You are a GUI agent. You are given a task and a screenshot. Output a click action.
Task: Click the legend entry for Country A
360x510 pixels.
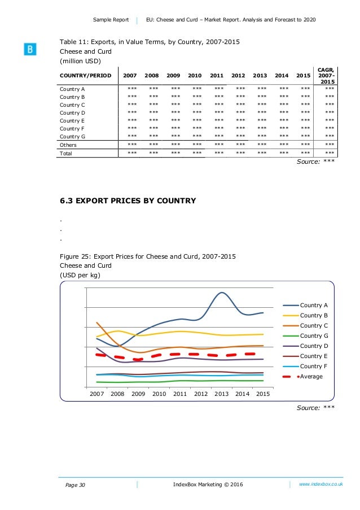tap(314, 306)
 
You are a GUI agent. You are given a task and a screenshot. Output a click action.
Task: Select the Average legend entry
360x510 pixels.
tap(311, 376)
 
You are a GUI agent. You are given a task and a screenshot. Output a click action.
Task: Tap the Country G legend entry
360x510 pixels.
tap(314, 336)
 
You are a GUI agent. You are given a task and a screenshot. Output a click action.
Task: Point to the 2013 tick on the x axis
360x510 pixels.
tap(222, 394)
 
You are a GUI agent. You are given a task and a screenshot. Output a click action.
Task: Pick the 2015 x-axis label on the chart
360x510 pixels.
tap(263, 394)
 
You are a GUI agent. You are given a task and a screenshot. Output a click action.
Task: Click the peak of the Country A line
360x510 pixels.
tap(222, 293)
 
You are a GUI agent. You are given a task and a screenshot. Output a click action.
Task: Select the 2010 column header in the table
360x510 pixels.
tap(195, 75)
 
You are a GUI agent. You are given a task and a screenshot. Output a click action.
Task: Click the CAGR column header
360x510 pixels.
tap(326, 75)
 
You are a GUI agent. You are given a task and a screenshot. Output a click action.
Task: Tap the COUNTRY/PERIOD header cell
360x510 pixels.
tap(86, 75)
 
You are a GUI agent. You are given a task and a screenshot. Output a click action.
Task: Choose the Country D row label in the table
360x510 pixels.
tap(72, 112)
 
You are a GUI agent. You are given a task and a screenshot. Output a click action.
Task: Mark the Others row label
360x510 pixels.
tap(68, 145)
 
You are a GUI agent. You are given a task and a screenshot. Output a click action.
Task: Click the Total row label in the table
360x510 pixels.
tap(67, 153)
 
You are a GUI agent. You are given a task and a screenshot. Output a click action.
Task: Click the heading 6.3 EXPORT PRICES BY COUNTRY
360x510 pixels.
tap(128, 200)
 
